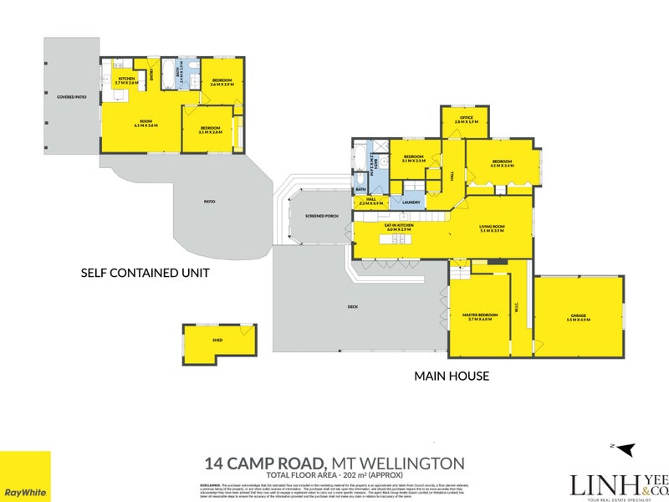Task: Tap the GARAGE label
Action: [578, 317]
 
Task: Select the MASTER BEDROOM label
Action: [480, 316]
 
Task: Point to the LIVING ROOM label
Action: [493, 228]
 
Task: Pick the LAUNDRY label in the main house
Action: [411, 202]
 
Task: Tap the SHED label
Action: [217, 341]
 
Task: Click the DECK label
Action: [352, 307]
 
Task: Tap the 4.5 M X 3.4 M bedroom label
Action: [502, 163]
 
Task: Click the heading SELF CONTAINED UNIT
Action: [144, 273]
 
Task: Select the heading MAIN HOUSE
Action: [452, 376]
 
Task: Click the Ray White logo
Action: [25, 477]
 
